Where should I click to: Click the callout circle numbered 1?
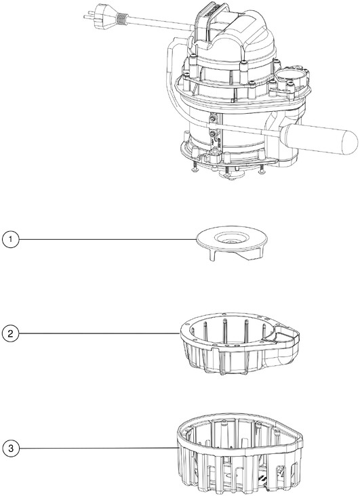coord(11,239)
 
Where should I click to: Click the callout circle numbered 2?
coord(11,333)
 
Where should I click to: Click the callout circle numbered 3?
coord(11,448)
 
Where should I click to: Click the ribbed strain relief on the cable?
coord(122,18)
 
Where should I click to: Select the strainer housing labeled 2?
coord(239,343)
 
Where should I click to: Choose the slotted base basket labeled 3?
coord(239,453)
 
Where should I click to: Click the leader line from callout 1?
coord(108,239)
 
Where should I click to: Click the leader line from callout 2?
coord(100,333)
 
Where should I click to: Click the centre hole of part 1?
coord(231,241)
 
